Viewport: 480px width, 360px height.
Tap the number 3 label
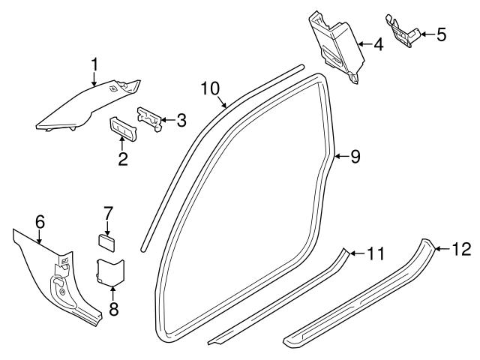tap(181, 119)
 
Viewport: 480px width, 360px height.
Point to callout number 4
tap(377, 44)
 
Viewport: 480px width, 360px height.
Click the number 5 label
tap(440, 34)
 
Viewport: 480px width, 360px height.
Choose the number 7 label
tap(107, 212)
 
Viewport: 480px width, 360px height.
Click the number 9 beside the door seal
tap(355, 156)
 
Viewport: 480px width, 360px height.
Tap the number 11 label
tap(375, 253)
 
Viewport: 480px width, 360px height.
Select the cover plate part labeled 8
tap(111, 271)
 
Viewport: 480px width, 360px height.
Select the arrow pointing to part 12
tap(442, 249)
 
